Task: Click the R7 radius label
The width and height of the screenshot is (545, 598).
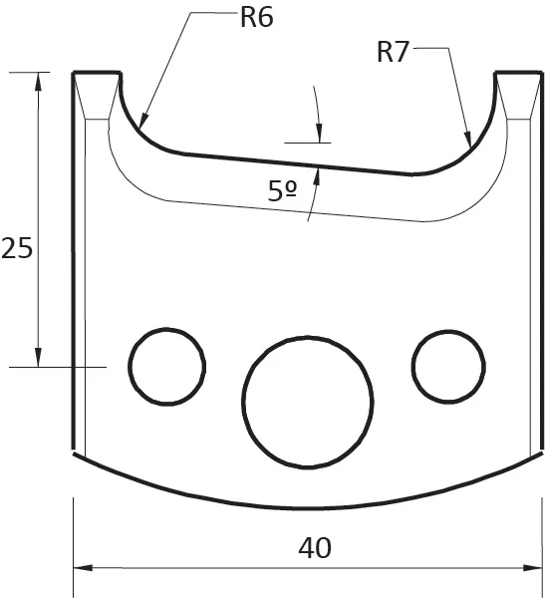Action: pos(394,52)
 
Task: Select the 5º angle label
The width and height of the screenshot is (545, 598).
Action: pos(283,192)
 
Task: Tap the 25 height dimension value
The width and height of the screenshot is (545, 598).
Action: pos(16,248)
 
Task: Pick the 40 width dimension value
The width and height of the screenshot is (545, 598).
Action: pos(315,547)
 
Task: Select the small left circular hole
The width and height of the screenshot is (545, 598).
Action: pos(166,365)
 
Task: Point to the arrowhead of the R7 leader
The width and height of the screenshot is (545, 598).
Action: pos(468,143)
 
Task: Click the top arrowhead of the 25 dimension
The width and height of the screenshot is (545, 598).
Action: pos(39,80)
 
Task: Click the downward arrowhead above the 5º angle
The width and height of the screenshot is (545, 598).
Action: pos(318,134)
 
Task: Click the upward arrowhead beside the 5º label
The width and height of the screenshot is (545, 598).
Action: pos(317,175)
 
